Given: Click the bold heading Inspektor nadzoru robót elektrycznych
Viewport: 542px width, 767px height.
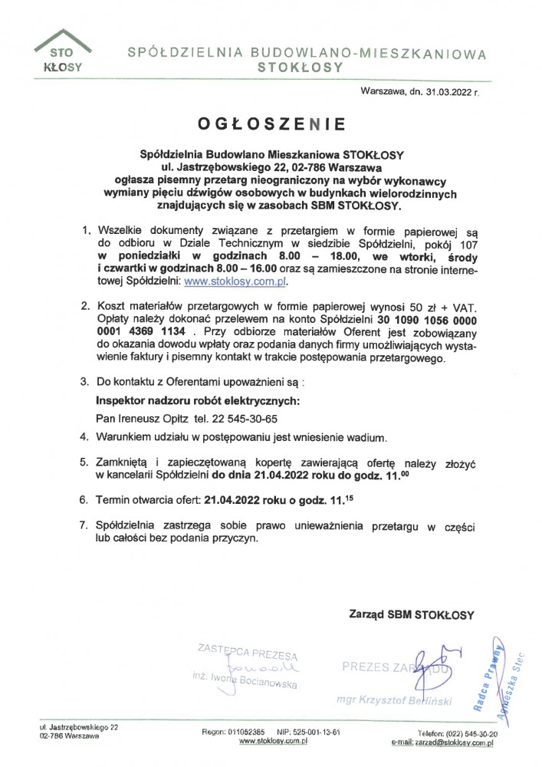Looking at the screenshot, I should (197, 400).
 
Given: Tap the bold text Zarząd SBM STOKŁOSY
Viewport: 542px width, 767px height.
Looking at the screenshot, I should (412, 614).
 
